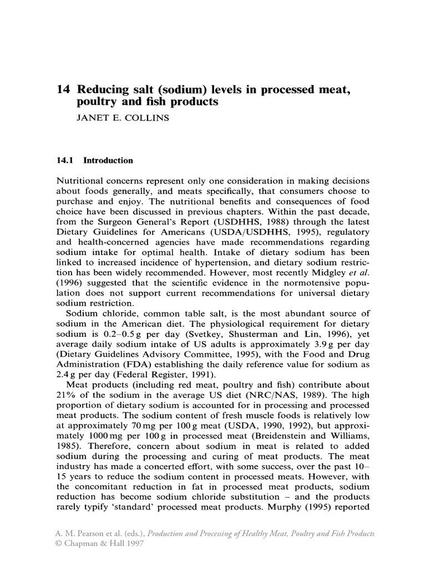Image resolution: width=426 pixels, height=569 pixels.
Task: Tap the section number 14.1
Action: click(x=65, y=161)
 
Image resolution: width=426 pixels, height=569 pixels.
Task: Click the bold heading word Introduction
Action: click(x=108, y=161)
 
